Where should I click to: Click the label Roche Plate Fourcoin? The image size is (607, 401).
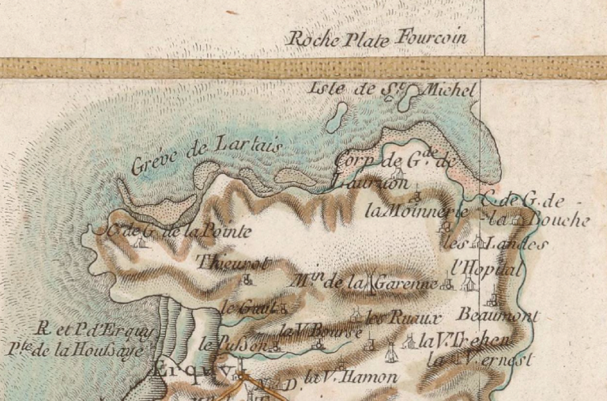[376, 38]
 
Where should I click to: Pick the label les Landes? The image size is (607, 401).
[495, 243]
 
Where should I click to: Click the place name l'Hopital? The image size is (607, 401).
[488, 269]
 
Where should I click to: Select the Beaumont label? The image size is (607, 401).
[497, 315]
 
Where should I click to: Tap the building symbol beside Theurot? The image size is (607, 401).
[248, 278]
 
